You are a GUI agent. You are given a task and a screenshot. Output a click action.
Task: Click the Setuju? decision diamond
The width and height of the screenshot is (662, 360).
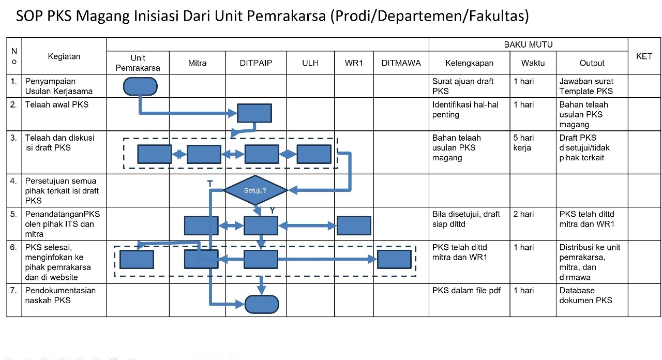tap(255, 190)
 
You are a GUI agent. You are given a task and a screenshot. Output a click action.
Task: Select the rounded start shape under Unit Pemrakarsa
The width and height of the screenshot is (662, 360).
tap(140, 86)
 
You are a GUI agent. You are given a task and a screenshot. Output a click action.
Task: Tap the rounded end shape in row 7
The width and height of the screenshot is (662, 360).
tap(262, 304)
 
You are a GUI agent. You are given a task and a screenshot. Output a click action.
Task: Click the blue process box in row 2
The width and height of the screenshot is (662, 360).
tap(254, 113)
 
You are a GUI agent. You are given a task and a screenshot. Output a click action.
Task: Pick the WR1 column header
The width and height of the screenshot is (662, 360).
tap(354, 63)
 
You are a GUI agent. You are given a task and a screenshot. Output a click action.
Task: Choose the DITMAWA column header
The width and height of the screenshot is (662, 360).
tap(401, 63)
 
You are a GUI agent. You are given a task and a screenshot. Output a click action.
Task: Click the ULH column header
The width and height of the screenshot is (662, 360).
tap(310, 63)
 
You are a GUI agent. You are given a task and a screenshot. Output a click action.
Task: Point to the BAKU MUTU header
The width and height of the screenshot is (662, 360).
tap(528, 44)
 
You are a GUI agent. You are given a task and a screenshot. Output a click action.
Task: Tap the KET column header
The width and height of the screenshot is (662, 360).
tap(644, 56)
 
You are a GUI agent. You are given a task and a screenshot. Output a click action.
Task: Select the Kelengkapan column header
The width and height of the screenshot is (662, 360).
tap(469, 63)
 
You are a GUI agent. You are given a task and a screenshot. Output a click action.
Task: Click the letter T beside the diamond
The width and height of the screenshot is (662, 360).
tap(209, 184)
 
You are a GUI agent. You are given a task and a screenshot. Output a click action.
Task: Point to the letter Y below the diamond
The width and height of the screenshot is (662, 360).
tap(272, 211)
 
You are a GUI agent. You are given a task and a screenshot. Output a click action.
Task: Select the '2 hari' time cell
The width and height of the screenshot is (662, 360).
tap(523, 214)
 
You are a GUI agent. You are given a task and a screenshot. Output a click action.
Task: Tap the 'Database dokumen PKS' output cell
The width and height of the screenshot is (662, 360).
tap(585, 295)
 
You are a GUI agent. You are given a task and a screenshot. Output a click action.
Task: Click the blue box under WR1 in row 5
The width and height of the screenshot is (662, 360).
tap(354, 226)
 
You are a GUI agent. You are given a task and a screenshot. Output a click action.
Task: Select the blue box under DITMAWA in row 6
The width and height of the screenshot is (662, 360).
tap(394, 259)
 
